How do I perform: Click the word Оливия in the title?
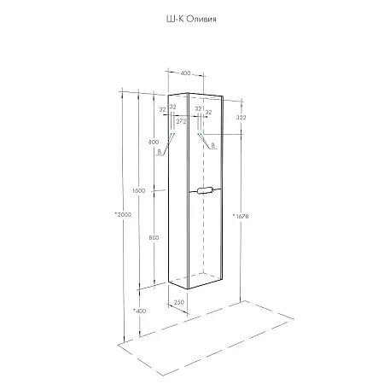201,19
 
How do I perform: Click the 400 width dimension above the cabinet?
185,73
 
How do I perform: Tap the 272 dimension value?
181,121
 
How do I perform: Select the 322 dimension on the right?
241,117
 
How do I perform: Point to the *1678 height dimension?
241,216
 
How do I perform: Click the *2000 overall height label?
123,214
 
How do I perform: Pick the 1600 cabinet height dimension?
138,190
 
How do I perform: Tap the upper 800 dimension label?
154,143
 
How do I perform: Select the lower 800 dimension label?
154,237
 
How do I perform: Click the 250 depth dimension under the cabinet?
179,302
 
